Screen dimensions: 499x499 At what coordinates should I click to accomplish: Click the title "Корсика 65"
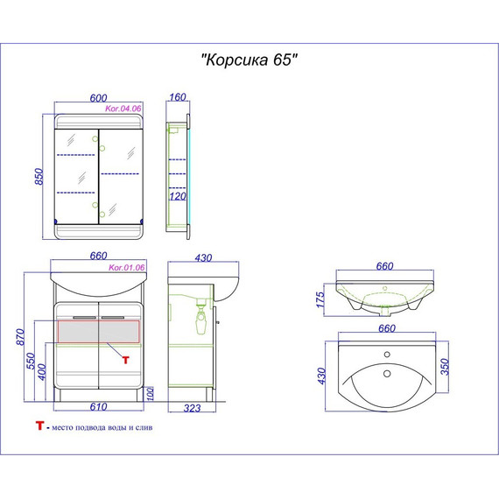click(x=249, y=60)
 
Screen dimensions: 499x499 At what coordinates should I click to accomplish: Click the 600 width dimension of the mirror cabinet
click(x=98, y=98)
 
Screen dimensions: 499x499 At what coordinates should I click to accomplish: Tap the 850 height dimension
click(x=39, y=176)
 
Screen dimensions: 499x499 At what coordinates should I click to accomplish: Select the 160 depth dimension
click(x=178, y=97)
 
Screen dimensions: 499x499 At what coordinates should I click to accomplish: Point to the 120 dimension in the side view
click(x=178, y=196)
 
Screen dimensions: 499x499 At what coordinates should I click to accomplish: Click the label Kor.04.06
click(x=123, y=109)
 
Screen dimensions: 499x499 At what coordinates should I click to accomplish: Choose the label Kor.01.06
click(x=127, y=268)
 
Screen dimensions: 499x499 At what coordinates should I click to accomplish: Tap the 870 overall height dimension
click(x=20, y=337)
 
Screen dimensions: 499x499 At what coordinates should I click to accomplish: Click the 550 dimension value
click(x=31, y=361)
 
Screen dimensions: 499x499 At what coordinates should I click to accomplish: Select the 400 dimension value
click(x=42, y=372)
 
